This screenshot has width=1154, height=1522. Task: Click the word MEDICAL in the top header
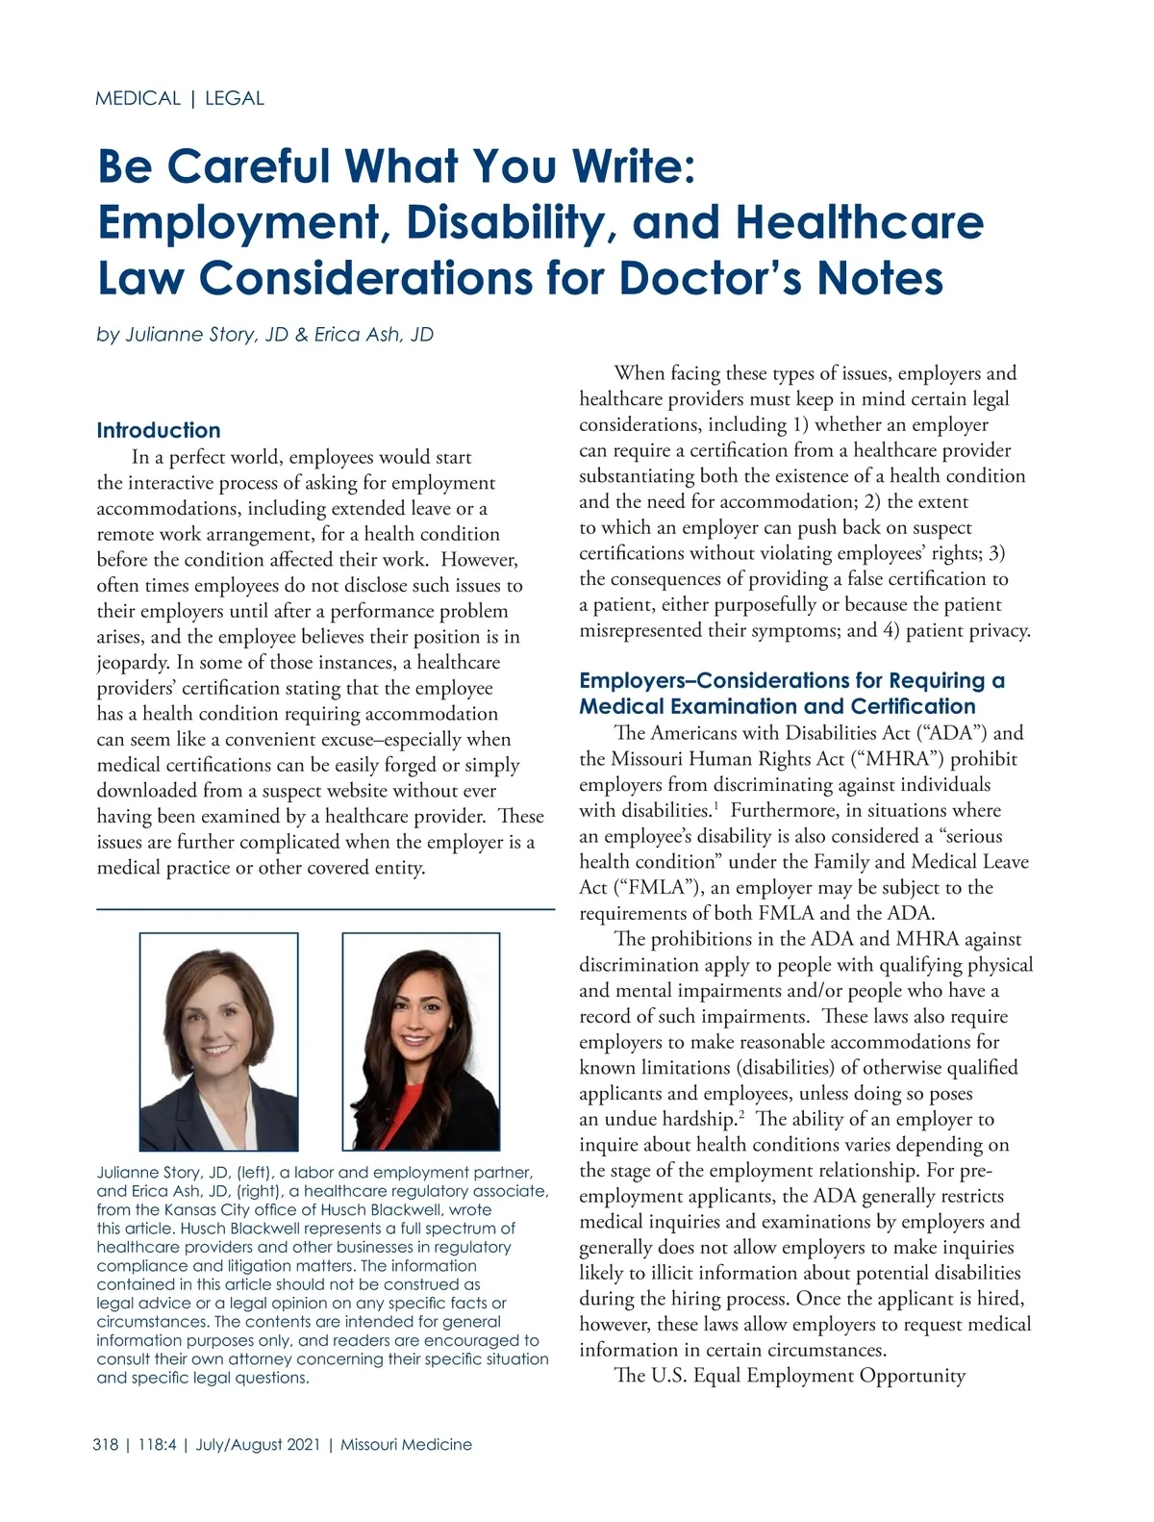[x=138, y=98]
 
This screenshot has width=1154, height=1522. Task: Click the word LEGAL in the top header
[x=235, y=98]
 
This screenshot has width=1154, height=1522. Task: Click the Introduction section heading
[x=159, y=430]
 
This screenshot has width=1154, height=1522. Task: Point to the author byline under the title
[x=265, y=335]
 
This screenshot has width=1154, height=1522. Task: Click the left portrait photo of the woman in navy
[x=218, y=1042]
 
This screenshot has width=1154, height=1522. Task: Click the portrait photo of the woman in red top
[x=421, y=1042]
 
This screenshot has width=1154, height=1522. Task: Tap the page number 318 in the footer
[x=106, y=1444]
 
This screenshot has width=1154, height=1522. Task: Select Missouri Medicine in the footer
[x=406, y=1444]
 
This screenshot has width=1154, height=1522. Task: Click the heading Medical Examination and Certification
[x=777, y=706]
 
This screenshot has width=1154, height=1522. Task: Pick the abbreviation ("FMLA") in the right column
[x=640, y=887]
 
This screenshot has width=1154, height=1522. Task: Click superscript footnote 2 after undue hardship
[x=740, y=1114]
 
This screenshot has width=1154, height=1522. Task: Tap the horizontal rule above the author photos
[x=325, y=909]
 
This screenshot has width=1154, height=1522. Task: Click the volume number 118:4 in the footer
[x=157, y=1444]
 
